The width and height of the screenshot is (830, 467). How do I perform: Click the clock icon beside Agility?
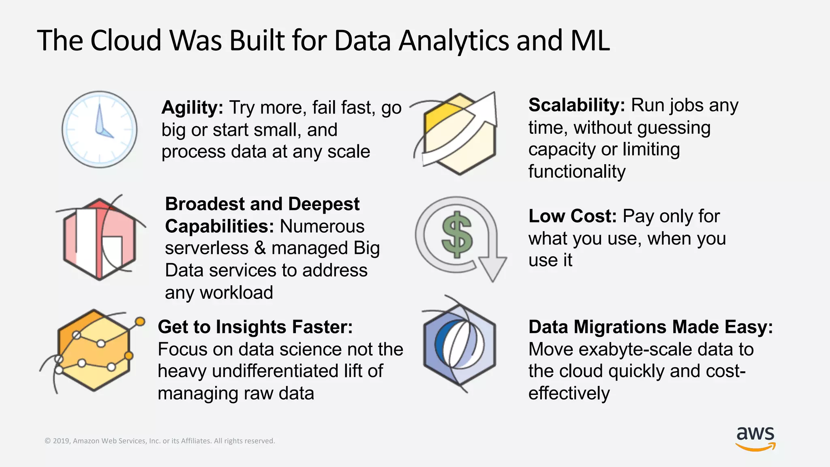coord(99,129)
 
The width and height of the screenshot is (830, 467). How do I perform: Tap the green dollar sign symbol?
coord(457,235)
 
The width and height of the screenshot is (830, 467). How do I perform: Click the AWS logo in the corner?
coord(755,438)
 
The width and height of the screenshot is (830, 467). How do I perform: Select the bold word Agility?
coord(192,108)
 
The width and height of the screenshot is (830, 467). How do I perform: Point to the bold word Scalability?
coord(577,105)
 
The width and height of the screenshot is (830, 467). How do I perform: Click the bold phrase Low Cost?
coord(572,216)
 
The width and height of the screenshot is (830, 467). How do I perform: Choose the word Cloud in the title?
coord(126,41)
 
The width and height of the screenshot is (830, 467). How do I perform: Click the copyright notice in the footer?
coord(160,441)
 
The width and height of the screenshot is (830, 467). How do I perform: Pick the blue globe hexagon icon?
coord(459,345)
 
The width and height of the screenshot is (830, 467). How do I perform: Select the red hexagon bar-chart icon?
coord(100,239)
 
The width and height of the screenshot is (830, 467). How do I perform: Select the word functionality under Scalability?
coord(577,172)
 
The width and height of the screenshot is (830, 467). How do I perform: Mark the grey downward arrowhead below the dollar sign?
coord(492,268)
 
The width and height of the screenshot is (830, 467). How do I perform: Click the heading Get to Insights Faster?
coord(255,327)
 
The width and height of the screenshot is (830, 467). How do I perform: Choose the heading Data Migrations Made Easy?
coord(650,327)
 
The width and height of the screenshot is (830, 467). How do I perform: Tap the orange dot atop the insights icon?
coord(140,321)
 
